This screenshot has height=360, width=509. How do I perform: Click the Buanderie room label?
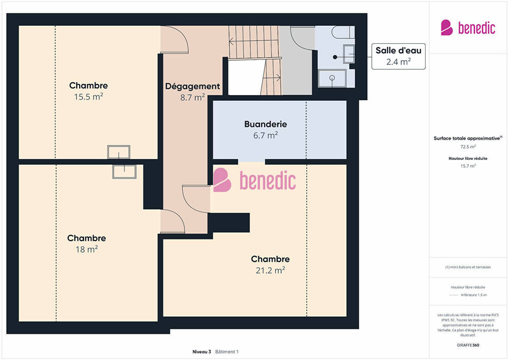click(x=265, y=124)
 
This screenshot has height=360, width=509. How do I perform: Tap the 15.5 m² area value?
click(x=88, y=97)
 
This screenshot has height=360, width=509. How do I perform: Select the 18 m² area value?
click(x=87, y=249)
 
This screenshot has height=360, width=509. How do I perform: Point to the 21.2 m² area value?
click(x=270, y=270)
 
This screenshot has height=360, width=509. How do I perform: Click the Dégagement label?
click(x=192, y=86)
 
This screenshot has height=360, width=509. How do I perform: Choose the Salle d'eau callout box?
click(x=398, y=56)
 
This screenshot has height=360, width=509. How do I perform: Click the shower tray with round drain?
click(x=332, y=78)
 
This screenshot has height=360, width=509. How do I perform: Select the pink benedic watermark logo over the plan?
click(x=254, y=180)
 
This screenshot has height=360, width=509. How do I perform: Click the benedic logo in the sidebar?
click(x=468, y=28)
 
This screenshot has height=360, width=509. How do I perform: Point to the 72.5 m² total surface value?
click(x=468, y=147)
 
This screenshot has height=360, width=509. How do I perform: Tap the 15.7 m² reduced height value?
click(x=468, y=166)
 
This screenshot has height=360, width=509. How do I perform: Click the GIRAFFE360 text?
click(x=468, y=345)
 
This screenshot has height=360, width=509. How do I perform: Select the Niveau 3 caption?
click(x=202, y=352)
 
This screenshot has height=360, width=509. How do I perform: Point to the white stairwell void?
click(x=244, y=77)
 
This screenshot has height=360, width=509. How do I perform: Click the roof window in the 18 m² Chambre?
click(x=124, y=172)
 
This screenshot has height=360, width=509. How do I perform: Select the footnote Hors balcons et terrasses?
click(x=468, y=267)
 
